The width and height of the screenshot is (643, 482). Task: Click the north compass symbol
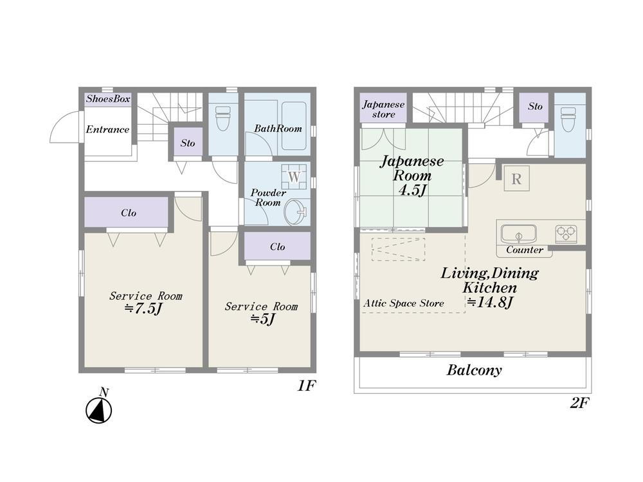tap(99, 409)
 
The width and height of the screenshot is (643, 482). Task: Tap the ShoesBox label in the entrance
tap(108, 99)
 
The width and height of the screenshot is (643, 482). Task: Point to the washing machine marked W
tap(294, 177)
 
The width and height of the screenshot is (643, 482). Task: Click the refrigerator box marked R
tap(516, 178)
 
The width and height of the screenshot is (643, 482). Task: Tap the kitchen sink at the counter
tap(518, 234)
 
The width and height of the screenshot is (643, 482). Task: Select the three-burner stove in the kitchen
tap(566, 234)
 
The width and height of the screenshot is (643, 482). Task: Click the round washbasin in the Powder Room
tap(297, 212)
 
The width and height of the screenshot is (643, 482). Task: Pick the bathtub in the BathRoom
tap(294, 126)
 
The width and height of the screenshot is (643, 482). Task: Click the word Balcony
tap(474, 370)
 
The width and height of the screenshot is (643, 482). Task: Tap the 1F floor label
tap(306, 386)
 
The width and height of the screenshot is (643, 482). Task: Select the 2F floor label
tap(579, 404)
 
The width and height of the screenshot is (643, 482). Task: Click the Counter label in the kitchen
tap(525, 249)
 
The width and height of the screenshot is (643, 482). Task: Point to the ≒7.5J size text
tap(142, 308)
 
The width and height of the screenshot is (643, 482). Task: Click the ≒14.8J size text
tap(490, 303)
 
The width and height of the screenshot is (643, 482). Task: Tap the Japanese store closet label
tap(384, 109)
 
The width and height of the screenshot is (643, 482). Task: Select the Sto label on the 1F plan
tap(188, 143)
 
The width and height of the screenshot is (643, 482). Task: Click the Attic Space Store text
tap(404, 303)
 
